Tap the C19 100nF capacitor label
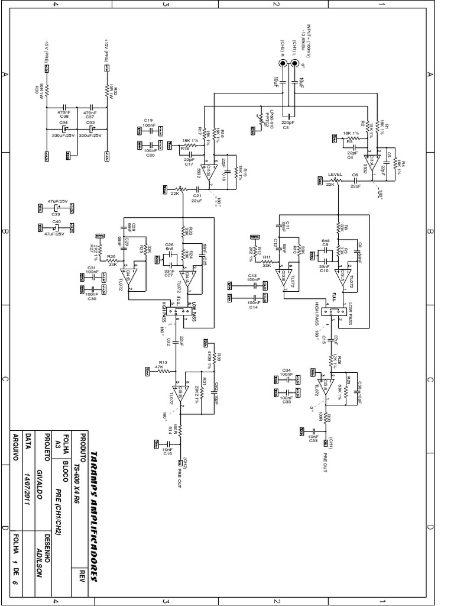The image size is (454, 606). coord(148,123)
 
